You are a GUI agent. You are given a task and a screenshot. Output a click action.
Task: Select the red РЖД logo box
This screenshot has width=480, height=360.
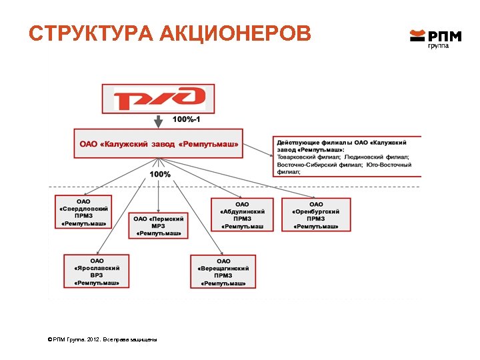coord(158,99)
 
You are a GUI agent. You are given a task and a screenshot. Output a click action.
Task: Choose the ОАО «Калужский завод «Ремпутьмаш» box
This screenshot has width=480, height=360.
coord(159,143)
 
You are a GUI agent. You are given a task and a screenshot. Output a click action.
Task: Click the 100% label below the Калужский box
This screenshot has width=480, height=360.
coord(160,174)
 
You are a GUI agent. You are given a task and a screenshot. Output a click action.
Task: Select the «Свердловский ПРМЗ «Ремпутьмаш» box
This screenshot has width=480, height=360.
coord(83,212)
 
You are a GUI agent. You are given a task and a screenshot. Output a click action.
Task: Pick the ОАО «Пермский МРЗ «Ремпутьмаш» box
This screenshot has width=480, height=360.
coord(159,225)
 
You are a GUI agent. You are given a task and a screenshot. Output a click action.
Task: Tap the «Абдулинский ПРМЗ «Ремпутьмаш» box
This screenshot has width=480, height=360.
coord(242,214)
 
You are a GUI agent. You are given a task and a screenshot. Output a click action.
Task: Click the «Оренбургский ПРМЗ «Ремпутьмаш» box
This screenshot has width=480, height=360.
coord(316,214)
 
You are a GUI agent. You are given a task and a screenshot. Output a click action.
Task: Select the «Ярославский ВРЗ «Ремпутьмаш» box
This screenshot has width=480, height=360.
coord(97,271)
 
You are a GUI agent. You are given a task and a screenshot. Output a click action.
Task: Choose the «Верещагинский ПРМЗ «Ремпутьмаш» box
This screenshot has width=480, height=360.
coord(223,271)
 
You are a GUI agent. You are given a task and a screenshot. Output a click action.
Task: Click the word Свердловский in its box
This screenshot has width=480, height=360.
coord(83,209)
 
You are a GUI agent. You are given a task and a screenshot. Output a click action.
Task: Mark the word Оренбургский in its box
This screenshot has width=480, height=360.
coord(316,211)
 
